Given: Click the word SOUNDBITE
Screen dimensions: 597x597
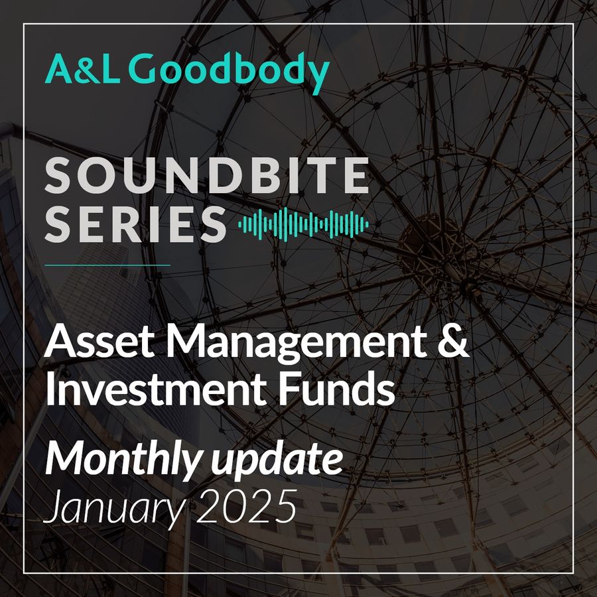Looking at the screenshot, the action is (207, 176).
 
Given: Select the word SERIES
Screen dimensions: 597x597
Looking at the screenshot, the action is (135, 224).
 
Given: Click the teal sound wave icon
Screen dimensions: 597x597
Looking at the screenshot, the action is (303, 224).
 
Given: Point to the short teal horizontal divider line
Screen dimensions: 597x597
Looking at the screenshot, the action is (107, 265).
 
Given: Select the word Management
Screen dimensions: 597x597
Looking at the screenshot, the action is (297, 344).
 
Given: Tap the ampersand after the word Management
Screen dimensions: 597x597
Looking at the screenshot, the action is (453, 341).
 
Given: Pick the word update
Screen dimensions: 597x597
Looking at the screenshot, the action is (277, 462).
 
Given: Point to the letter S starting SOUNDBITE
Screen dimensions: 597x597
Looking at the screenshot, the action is (58, 176).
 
